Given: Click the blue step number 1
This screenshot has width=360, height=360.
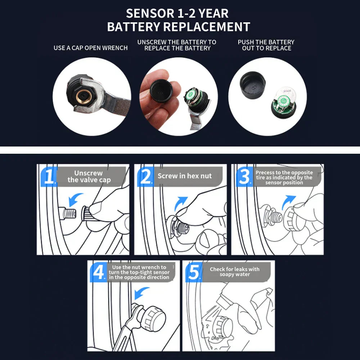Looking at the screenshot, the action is click(49, 176).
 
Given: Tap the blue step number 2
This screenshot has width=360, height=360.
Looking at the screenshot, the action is click(146, 176).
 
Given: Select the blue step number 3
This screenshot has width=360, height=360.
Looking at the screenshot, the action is click(244, 176).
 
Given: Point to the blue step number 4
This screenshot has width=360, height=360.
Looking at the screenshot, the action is click(99, 272).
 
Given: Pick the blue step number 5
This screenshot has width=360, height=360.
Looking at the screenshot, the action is click(194, 272).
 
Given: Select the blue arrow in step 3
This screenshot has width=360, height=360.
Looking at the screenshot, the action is click(288, 202).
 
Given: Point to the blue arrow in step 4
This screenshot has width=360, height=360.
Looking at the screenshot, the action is click(141, 292).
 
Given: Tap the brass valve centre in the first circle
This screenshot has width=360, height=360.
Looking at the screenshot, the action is click(83, 96).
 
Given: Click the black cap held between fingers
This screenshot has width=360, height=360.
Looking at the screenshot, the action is click(161, 90).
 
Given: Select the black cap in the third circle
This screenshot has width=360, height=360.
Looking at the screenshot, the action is click(253, 85).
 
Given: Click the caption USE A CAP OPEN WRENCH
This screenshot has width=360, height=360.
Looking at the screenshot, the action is click(90, 48).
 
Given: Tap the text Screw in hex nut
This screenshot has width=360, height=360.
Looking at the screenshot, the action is click(185, 176).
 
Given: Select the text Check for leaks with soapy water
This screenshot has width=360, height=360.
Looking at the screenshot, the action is click(235, 271).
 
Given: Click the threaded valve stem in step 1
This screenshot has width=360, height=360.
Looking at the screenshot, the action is click(68, 213).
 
